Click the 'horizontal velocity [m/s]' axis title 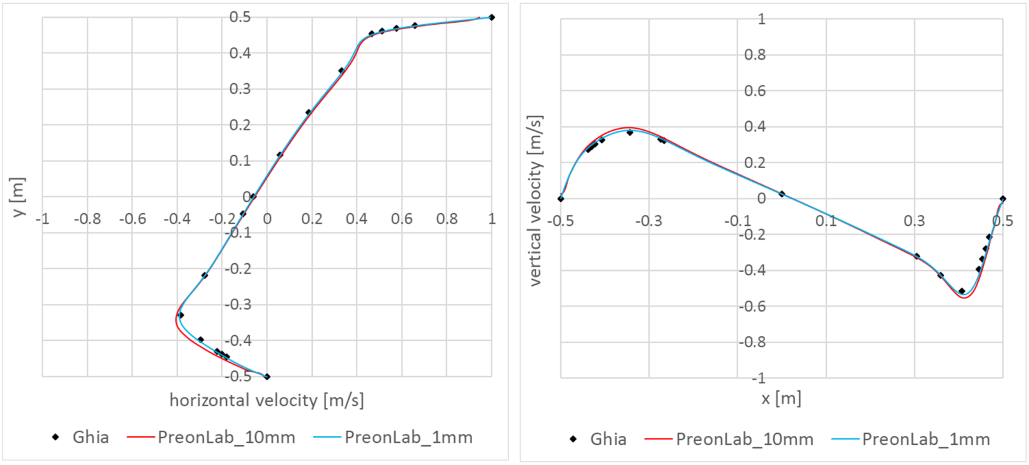(266, 400)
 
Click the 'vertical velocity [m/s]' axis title (535, 200)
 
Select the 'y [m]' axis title (18, 197)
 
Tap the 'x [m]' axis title (781, 398)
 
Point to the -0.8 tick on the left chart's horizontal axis (87, 219)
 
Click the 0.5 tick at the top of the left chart (240, 17)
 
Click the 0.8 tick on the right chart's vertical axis (754, 55)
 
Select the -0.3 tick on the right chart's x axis (648, 221)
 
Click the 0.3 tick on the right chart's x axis (914, 221)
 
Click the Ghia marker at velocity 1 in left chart (492, 17)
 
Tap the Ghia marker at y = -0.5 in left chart (267, 377)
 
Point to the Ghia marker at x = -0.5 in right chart (561, 199)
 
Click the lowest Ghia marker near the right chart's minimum (962, 291)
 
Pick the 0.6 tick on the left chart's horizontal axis (401, 219)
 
